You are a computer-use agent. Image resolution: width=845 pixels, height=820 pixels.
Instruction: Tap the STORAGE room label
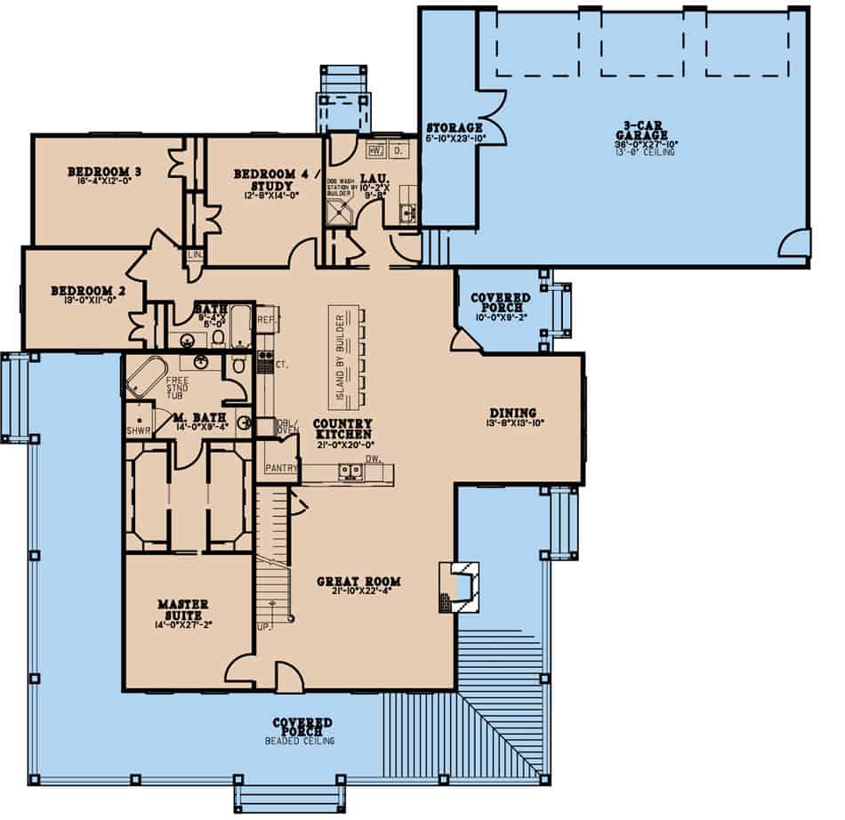454,127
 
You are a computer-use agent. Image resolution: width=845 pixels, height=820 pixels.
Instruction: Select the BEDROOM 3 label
105,172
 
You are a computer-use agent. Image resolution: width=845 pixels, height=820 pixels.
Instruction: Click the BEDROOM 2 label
82,291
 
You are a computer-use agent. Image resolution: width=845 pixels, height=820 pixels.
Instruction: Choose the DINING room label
512,413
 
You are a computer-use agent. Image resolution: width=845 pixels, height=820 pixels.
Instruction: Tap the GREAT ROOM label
358,582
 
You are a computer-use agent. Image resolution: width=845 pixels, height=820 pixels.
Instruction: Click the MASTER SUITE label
181,609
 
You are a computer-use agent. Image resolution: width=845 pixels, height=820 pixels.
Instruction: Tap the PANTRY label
279,467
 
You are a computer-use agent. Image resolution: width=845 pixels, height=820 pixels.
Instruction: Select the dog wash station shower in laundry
341,210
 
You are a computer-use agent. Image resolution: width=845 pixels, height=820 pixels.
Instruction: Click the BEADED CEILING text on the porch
302,740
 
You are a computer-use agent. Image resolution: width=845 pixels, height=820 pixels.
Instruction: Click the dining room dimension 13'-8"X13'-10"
512,424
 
